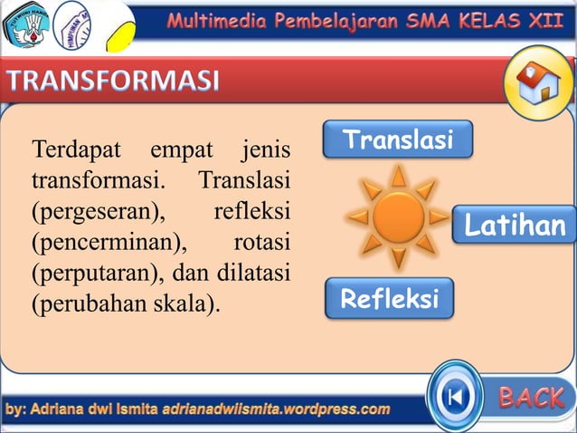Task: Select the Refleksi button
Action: [x=389, y=298]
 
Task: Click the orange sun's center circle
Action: [x=399, y=216]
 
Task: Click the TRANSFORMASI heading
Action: [x=114, y=83]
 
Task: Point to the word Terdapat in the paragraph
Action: [x=76, y=147]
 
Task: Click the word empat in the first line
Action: [x=181, y=147]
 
